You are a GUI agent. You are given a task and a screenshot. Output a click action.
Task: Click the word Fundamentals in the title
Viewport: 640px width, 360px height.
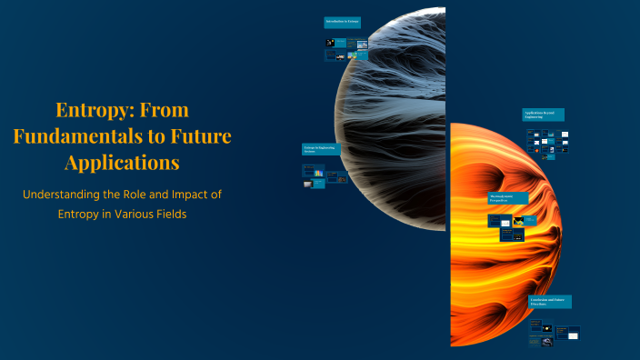pyautogui.click(x=74, y=138)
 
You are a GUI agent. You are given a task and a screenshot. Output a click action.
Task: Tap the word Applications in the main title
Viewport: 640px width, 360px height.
pyautogui.click(x=122, y=165)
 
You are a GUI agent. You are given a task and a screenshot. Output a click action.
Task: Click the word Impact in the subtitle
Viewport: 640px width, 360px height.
pyautogui.click(x=192, y=195)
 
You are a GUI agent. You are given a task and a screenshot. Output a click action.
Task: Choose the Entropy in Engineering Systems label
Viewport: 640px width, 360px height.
pyautogui.click(x=320, y=149)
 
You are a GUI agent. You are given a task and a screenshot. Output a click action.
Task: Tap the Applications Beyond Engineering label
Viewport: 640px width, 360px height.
pyautogui.click(x=543, y=115)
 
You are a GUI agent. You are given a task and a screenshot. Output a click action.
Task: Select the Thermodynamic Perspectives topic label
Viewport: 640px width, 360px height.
pyautogui.click(x=507, y=197)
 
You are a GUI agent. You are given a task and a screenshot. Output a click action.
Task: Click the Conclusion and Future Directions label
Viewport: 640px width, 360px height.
pyautogui.click(x=550, y=302)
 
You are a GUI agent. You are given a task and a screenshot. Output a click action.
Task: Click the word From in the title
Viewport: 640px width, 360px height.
pyautogui.click(x=168, y=111)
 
